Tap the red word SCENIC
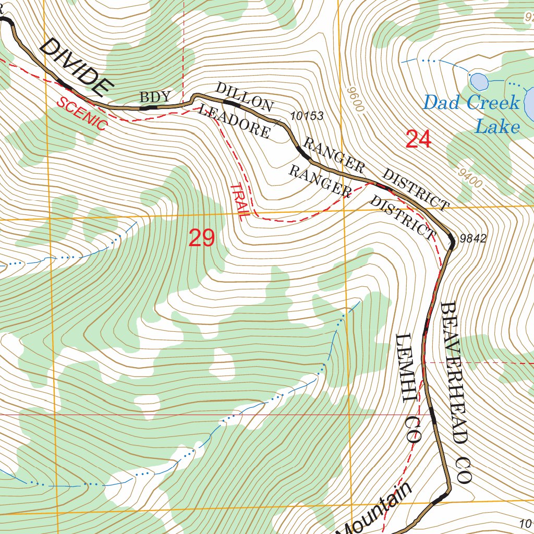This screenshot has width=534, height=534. tap(82, 113)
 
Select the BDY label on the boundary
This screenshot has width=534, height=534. tap(155, 96)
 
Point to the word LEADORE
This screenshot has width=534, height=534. tap(235, 122)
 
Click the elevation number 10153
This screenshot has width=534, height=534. tap(307, 116)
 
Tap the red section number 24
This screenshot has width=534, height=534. tap(418, 140)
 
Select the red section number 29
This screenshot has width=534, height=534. tap(202, 238)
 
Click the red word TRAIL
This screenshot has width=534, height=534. tap(238, 202)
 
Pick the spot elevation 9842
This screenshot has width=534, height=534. tap(473, 239)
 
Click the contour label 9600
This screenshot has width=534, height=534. tap(354, 99)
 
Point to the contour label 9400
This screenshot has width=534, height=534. tap(471, 178)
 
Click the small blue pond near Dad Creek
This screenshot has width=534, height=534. tap(479, 81)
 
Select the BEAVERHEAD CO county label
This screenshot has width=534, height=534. tap(456, 391)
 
